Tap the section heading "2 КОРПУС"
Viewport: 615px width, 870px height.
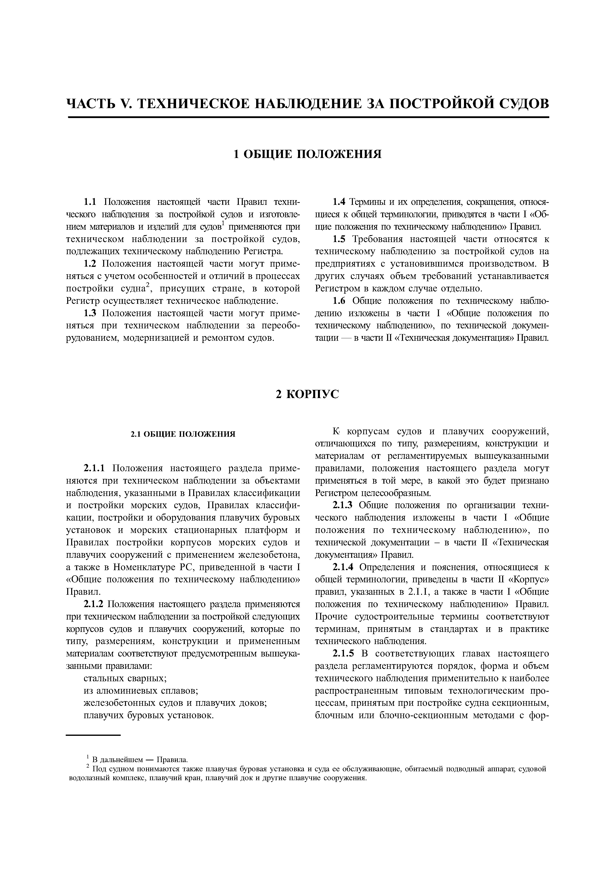coord(307,395)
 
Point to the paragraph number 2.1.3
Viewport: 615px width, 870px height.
coord(342,505)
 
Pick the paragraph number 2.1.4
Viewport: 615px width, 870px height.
coord(342,567)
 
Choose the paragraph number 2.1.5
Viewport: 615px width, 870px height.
coord(342,654)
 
